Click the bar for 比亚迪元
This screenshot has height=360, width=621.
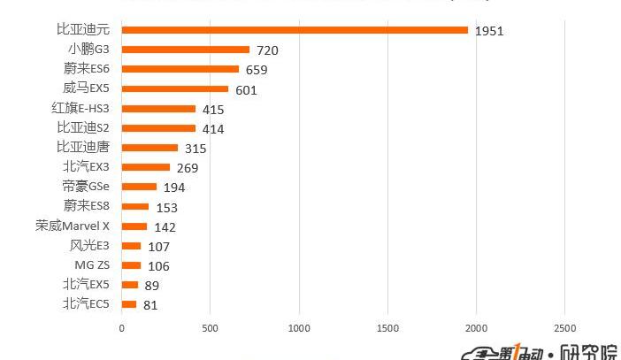(x=295, y=30)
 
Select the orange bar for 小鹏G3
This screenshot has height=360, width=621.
(x=186, y=50)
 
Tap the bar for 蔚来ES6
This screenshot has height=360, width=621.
(x=180, y=69)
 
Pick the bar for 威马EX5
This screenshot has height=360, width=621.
(x=175, y=88)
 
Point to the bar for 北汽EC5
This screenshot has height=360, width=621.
(x=129, y=304)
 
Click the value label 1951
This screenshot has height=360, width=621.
(x=489, y=31)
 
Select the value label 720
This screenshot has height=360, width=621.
(x=267, y=50)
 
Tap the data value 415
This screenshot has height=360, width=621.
(x=213, y=110)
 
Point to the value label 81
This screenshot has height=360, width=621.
(x=150, y=305)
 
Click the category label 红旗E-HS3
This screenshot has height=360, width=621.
(x=80, y=108)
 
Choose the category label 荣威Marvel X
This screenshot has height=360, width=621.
(x=73, y=226)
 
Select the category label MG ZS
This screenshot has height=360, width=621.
(x=92, y=264)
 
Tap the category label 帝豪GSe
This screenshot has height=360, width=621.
(x=86, y=187)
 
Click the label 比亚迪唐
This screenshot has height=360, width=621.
(x=83, y=147)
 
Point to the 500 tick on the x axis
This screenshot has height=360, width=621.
(x=210, y=328)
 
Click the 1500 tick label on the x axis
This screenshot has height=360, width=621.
(x=387, y=328)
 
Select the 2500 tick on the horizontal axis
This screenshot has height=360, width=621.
(x=564, y=328)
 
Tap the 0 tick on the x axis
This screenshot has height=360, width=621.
(x=122, y=328)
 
